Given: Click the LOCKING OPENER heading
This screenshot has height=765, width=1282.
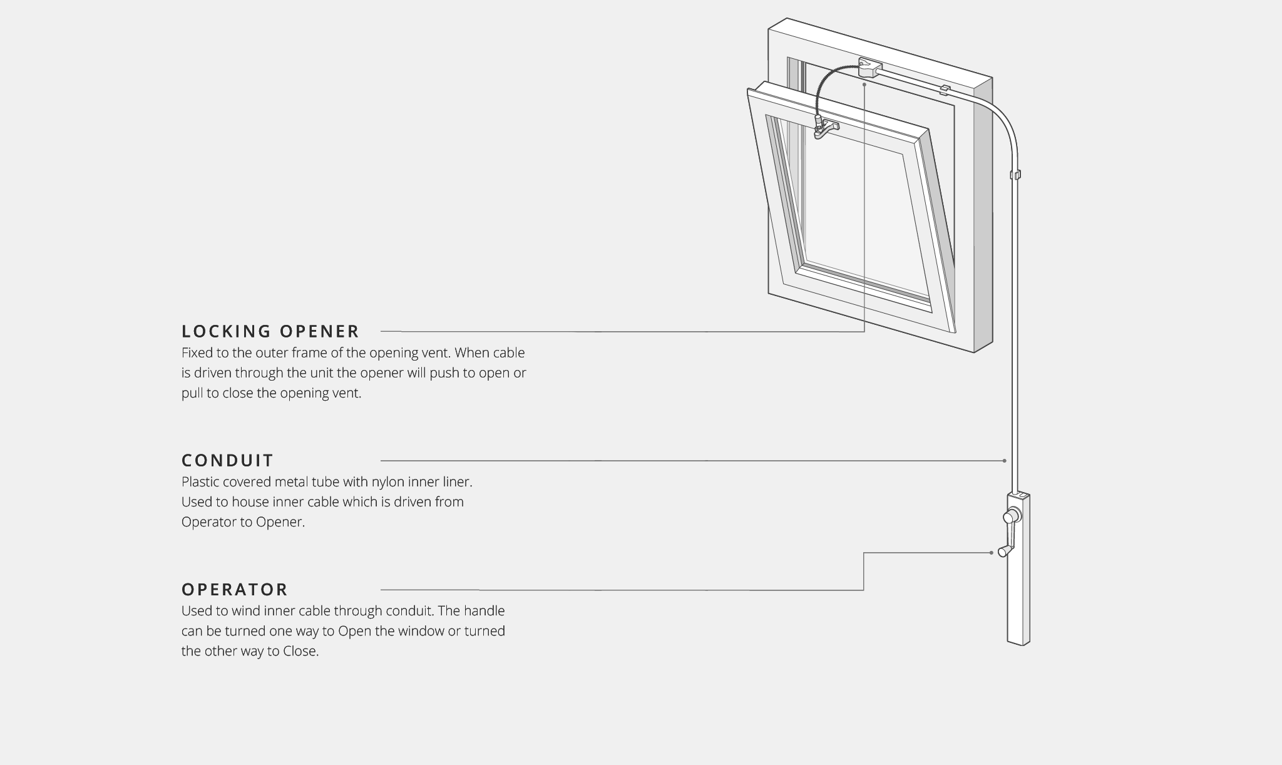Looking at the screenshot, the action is click(270, 331).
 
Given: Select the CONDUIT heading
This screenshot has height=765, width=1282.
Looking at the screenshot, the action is click(227, 461).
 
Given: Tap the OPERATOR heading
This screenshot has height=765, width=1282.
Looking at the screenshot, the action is click(235, 590).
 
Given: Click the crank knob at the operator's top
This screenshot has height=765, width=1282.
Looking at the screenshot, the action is click(1010, 517).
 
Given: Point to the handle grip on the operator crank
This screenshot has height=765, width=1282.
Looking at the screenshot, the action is click(1005, 551).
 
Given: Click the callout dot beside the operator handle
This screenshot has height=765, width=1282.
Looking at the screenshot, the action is click(992, 553).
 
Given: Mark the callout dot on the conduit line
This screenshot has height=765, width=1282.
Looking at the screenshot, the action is click(1005, 461).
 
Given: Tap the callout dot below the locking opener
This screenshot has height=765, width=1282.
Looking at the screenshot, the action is click(864, 84).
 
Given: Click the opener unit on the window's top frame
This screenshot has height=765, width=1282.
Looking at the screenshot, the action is click(869, 68).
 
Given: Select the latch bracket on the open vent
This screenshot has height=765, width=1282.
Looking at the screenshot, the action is click(825, 128).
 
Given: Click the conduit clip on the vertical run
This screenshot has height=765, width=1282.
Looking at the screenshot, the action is click(1015, 175).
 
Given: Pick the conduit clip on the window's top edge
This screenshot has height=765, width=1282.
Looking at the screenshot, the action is click(945, 89).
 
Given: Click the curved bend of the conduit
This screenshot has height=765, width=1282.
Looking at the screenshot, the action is click(1001, 116).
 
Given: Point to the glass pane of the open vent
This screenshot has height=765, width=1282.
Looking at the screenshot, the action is click(864, 207).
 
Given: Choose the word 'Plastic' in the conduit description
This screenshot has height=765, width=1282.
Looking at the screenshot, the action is click(202, 482).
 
